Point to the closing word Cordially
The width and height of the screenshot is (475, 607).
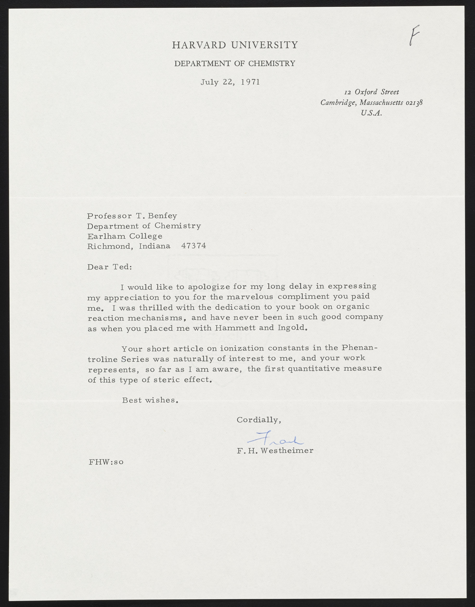click(x=258, y=420)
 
